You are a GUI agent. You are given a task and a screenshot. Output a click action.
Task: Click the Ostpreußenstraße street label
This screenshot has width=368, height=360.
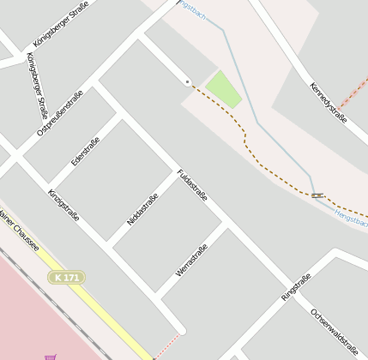click(x=60, y=113)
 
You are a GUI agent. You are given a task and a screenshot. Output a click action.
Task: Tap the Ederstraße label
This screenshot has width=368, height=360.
click(x=86, y=150)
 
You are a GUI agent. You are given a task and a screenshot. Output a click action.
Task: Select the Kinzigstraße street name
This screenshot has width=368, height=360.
click(x=63, y=205)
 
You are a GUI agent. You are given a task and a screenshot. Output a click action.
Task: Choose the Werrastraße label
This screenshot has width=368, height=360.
click(x=191, y=260)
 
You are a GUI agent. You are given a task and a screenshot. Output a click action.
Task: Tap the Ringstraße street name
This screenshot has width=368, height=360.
click(x=296, y=287)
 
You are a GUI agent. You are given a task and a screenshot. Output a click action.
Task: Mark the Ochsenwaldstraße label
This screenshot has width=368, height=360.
click(x=334, y=331)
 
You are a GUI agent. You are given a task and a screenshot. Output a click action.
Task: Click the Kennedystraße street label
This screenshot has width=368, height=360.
click(x=329, y=102)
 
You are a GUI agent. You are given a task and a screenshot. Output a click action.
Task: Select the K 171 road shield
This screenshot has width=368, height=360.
click(x=66, y=278)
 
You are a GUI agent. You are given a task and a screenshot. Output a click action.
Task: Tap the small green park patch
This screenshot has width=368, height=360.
click(x=222, y=89)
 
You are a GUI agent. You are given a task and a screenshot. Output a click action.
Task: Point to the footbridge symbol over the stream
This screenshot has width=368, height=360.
click(x=317, y=196)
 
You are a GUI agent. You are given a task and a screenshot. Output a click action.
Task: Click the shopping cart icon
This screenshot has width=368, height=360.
click(x=51, y=356)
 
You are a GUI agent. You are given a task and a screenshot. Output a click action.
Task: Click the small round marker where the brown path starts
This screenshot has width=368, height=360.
click(x=187, y=81)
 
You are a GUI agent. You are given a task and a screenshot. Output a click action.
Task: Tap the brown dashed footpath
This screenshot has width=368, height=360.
click(x=249, y=146)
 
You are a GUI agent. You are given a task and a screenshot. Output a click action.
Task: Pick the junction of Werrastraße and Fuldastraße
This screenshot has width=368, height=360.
click(x=225, y=225)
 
